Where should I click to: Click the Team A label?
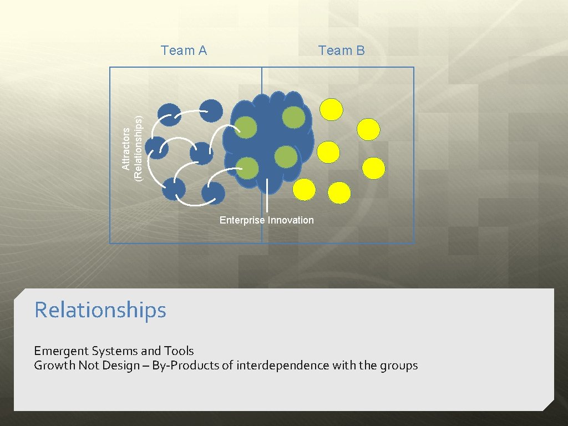pos(184,51)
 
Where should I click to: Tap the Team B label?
pos(341,51)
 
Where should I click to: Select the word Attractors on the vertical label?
pos(126,149)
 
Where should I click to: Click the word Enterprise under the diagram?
pos(242,220)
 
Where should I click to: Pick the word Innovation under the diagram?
pos(291,220)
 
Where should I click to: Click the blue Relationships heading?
pos(100,310)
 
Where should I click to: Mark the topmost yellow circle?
pos(332,110)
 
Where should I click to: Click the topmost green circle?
pos(293,116)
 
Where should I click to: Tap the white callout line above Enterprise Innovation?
pos(267,195)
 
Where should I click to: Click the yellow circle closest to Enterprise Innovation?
pos(304,190)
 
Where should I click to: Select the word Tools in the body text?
pos(179,351)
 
